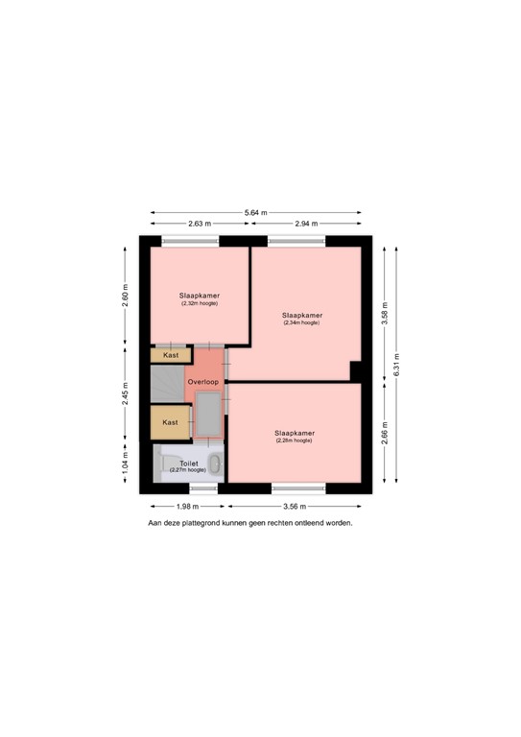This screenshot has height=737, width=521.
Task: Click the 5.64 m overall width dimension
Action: pyautogui.click(x=255, y=212)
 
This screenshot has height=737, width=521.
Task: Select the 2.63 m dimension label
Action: pyautogui.click(x=200, y=224)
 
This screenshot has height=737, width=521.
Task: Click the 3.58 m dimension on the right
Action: pyautogui.click(x=385, y=308)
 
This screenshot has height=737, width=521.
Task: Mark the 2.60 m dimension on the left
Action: pyautogui.click(x=125, y=296)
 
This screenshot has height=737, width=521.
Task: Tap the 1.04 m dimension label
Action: pyautogui.click(x=125, y=467)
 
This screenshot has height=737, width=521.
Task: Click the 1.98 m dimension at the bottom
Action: pyautogui.click(x=186, y=506)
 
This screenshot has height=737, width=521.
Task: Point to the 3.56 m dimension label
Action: pyautogui.click(x=295, y=506)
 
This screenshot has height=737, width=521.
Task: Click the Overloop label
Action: pyautogui.click(x=203, y=382)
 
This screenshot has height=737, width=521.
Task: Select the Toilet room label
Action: pyautogui.click(x=188, y=463)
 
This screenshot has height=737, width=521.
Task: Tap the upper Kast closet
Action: pyautogui.click(x=170, y=356)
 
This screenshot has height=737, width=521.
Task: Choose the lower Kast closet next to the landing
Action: pyautogui.click(x=170, y=422)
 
